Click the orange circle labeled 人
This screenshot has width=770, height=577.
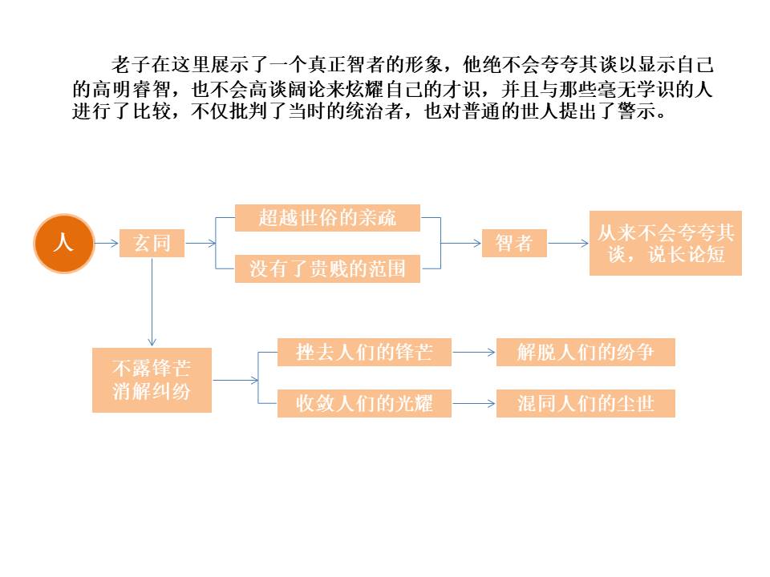coord(63,243)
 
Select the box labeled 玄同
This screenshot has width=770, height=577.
coord(152,243)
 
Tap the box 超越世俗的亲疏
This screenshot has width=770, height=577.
coord(327,218)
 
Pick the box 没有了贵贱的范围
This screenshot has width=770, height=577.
coord(327,269)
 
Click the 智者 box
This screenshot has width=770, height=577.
coord(514,243)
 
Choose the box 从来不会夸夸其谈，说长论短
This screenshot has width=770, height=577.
coord(665,243)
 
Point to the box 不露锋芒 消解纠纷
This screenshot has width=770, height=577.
coord(152,380)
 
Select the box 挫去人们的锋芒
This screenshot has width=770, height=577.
coord(364,352)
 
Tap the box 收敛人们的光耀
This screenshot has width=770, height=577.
coord(364,403)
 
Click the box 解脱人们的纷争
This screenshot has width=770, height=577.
coord(586,352)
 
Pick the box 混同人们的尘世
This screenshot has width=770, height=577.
coord(586,403)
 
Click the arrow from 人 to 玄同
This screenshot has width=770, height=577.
coord(107,242)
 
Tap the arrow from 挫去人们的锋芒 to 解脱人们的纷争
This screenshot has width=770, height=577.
coord(473,352)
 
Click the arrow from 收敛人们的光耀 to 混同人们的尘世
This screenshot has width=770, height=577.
coord(473,403)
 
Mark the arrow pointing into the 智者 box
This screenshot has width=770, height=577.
coord(461,242)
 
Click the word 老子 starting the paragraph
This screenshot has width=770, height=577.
coord(124,64)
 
